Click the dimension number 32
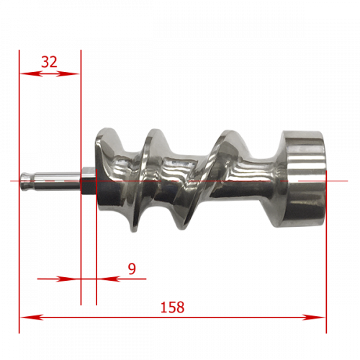click(x=49, y=62)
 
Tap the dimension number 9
click(x=132, y=269)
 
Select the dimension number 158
click(x=172, y=307)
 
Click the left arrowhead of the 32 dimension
click(x=31, y=73)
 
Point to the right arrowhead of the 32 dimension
click(x=68, y=73)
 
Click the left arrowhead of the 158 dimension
click(x=32, y=318)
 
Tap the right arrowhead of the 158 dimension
click(x=313, y=318)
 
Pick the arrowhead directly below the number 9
click(x=108, y=279)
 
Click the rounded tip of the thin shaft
click(x=22, y=181)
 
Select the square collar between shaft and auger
click(x=89, y=181)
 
